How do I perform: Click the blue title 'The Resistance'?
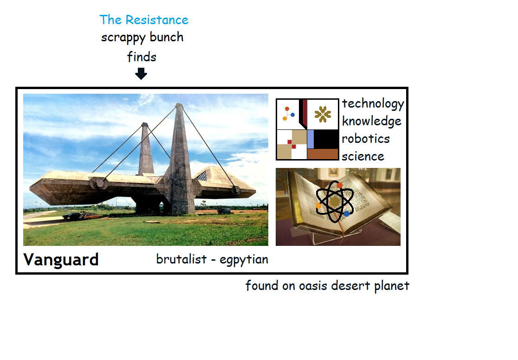(144, 20)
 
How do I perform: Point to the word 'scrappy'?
(123, 38)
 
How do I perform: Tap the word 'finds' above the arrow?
(142, 57)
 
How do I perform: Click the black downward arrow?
(141, 74)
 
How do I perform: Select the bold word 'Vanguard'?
(61, 259)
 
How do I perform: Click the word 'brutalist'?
(181, 259)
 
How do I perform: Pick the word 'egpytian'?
(244, 260)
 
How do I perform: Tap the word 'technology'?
(373, 104)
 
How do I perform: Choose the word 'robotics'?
(366, 139)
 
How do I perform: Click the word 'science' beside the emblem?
(363, 156)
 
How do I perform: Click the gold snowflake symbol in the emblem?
(323, 114)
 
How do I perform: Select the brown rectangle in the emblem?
(323, 154)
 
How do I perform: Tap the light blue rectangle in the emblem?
(311, 139)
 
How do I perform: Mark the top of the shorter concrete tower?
(145, 124)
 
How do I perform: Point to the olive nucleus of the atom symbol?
(335, 201)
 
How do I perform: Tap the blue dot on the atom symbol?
(347, 214)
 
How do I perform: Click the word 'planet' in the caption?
(392, 286)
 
